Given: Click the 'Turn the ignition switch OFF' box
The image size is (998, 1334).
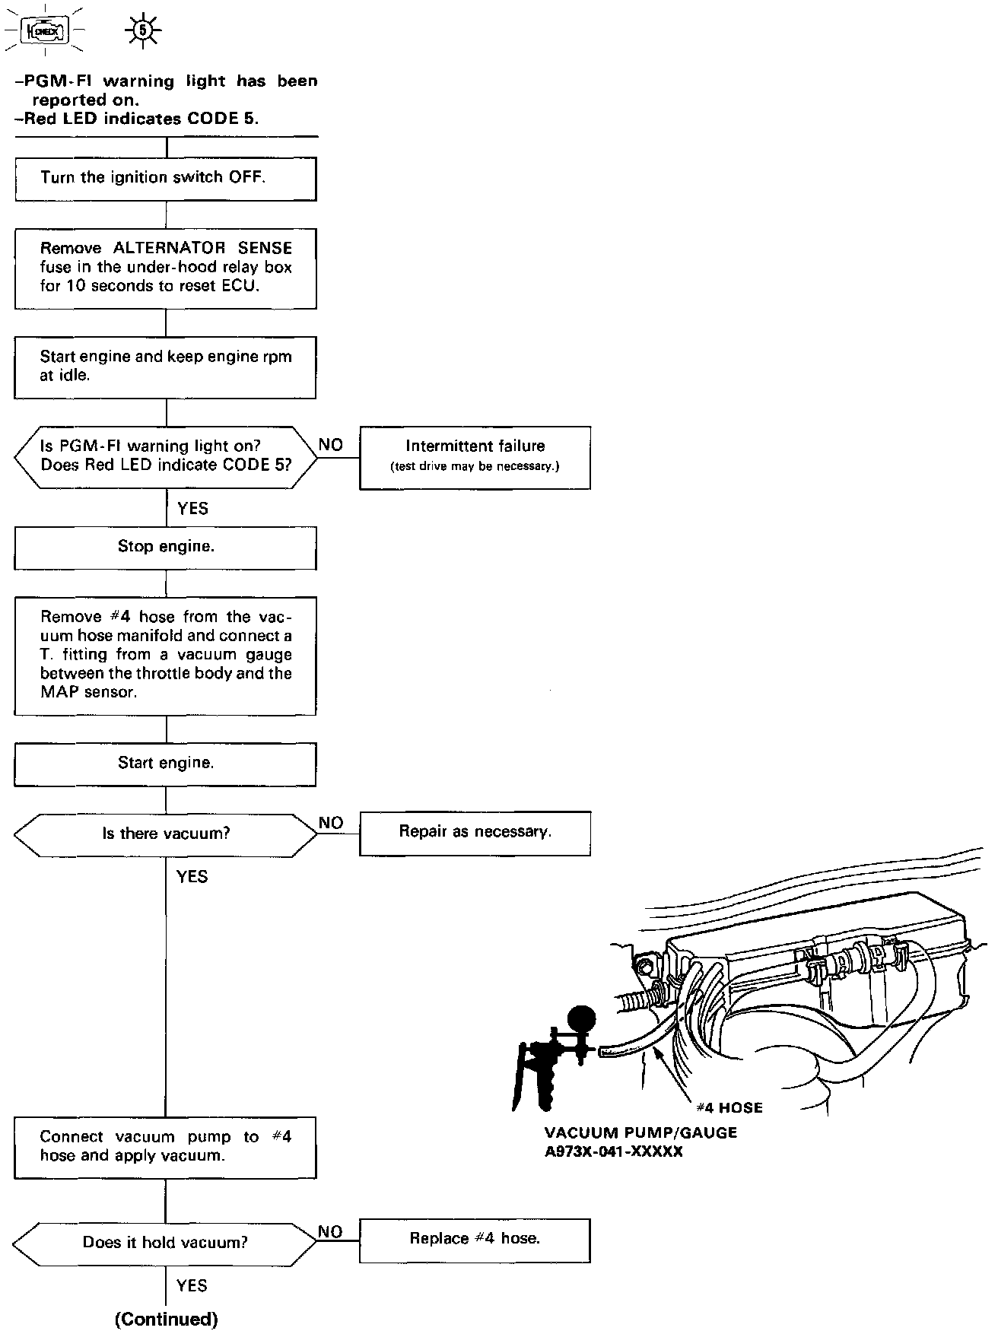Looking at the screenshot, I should pyautogui.click(x=165, y=179).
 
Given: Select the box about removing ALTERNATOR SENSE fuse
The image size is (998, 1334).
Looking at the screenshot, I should pyautogui.click(x=165, y=268).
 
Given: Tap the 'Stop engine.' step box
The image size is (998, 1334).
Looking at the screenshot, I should pyautogui.click(x=165, y=547).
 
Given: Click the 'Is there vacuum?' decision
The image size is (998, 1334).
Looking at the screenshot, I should pyautogui.click(x=165, y=834).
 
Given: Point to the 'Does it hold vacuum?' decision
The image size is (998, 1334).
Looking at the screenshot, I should pyautogui.click(x=165, y=1243).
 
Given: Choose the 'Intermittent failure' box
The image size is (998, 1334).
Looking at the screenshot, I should pyautogui.click(x=475, y=456).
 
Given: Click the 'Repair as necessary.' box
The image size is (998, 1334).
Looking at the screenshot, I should pyautogui.click(x=475, y=833).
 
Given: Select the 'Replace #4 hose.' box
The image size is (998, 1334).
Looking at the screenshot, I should pyautogui.click(x=475, y=1239).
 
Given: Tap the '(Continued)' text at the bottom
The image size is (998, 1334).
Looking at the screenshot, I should pyautogui.click(x=166, y=1319).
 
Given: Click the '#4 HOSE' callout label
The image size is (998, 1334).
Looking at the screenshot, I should pyautogui.click(x=729, y=1108).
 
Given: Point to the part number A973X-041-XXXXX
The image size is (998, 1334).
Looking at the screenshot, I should pyautogui.click(x=613, y=1151).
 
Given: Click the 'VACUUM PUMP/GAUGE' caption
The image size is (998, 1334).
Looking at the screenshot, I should pyautogui.click(x=640, y=1132).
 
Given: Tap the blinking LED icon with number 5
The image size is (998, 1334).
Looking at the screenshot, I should pyautogui.click(x=141, y=31).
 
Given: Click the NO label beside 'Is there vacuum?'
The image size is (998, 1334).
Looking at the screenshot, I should pyautogui.click(x=331, y=823).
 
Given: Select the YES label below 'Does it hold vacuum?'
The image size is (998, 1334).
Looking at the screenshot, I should pyautogui.click(x=192, y=1285).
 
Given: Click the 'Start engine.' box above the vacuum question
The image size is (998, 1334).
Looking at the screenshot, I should pyautogui.click(x=165, y=764).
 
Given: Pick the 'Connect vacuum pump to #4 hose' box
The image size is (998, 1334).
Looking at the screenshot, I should pyautogui.click(x=165, y=1147).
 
